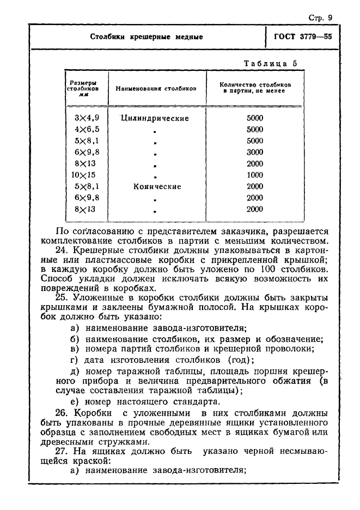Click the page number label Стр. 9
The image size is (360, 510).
[320, 17]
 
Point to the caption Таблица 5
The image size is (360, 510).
[270, 63]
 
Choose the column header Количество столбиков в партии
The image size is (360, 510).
[255, 88]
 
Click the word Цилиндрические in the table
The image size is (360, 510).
[155, 118]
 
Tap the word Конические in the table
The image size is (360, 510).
[157, 186]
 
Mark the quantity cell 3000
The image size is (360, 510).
[254, 153]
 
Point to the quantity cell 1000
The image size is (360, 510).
[254, 175]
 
